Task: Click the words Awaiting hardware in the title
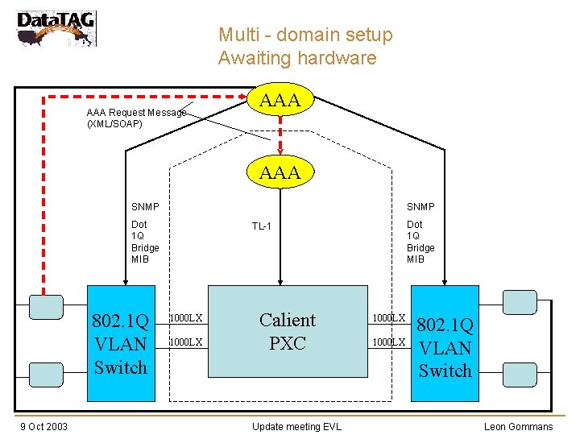click(296, 58)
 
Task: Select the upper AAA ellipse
click(280, 100)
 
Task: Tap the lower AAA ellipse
click(280, 172)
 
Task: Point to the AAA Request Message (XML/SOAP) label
click(135, 118)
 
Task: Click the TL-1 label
click(260, 226)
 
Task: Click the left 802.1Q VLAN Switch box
click(121, 344)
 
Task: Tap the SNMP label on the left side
click(145, 207)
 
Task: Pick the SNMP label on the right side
click(420, 207)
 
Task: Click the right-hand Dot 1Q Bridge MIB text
click(420, 242)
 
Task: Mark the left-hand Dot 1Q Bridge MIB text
click(145, 242)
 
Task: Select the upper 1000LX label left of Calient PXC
click(186, 319)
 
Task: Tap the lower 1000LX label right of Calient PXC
click(387, 342)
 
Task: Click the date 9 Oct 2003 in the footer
click(44, 426)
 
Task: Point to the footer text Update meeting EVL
click(296, 426)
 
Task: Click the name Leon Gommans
click(518, 426)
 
